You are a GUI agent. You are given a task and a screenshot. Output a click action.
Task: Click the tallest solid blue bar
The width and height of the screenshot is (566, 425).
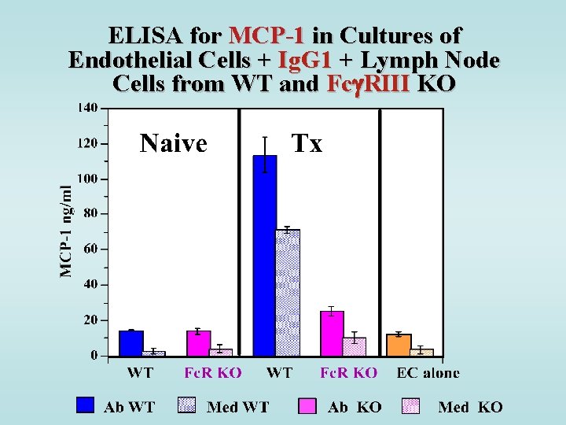[x=264, y=256]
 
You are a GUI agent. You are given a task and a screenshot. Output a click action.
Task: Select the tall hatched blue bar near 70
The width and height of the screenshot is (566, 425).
[x=288, y=292]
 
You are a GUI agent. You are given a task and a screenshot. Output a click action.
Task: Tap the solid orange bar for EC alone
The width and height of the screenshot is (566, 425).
[x=399, y=345]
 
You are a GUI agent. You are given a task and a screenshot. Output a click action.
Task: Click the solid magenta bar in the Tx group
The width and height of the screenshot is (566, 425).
[x=332, y=334]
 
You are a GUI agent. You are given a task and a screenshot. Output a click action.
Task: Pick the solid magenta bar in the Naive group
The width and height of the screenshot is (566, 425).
[x=198, y=343]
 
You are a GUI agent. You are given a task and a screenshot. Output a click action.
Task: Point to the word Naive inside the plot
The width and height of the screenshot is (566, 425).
[x=173, y=143]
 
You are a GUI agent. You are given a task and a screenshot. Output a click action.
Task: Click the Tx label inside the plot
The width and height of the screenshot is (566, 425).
[x=307, y=143]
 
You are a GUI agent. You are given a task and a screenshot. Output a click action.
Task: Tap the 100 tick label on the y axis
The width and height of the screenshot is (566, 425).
[x=88, y=179]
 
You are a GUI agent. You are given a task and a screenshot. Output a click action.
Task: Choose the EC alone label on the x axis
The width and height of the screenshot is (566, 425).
[x=428, y=373]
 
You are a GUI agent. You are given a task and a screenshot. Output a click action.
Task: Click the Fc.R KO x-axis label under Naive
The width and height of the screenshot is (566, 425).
[x=213, y=373]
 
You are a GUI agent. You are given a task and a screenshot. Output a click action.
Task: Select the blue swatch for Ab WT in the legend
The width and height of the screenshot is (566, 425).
[x=86, y=405]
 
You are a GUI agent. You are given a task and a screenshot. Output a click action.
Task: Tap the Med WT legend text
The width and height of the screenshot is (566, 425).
[x=237, y=407]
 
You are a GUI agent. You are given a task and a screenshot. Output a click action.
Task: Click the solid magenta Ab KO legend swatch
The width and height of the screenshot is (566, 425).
[x=307, y=405]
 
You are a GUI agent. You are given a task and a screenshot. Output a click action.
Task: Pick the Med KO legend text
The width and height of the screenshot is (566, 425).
[x=470, y=407]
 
